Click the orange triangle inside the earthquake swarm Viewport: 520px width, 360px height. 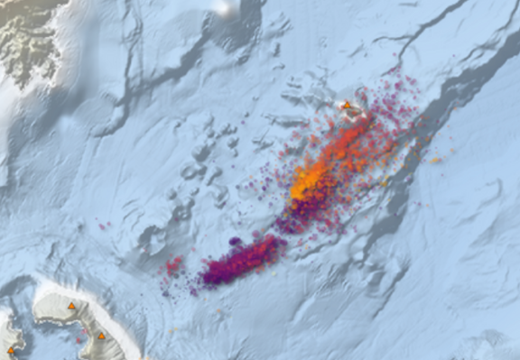point(346,106)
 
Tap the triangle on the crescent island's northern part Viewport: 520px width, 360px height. point(71,307)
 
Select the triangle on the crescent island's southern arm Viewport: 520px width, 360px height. point(101,337)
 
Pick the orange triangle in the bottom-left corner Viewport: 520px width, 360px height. point(11,350)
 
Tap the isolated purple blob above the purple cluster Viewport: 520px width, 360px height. point(236,242)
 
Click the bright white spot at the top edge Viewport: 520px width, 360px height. point(225,7)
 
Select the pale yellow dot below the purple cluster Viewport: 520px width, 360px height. point(218,310)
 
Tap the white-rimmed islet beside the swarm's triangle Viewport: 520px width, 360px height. point(357,114)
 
